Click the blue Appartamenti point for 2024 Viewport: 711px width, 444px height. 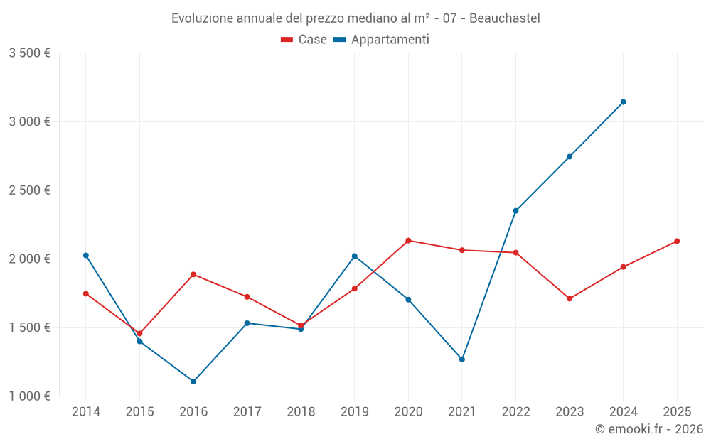coord(624,102)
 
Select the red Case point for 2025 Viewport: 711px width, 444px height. coord(677,241)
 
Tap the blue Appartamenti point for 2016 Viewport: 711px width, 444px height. coord(193,381)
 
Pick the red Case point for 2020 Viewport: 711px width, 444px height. coord(408,240)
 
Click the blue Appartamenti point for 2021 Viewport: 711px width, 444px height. coord(462,359)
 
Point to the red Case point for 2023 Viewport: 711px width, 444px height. coord(570,298)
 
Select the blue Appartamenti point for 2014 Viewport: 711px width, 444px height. coord(86,255)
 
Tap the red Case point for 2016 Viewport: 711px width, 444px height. coord(193,274)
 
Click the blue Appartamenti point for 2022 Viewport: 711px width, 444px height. coord(515,210)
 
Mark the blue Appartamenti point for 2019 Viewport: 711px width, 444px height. coord(355,256)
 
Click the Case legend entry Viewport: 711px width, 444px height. coord(304,40)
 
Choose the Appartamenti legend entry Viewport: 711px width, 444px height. coord(382,40)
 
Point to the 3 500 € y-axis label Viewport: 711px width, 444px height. coord(29,53)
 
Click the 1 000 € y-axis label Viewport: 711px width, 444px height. coord(29,396)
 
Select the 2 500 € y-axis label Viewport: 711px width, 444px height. coord(29,190)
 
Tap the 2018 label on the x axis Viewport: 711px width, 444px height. coord(301,411)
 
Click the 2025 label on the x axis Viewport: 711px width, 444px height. coord(677,411)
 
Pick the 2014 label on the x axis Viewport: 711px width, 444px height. coord(86,411)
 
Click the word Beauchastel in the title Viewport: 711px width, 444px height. coord(506,18)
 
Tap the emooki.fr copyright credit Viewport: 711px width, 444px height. coord(649,429)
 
